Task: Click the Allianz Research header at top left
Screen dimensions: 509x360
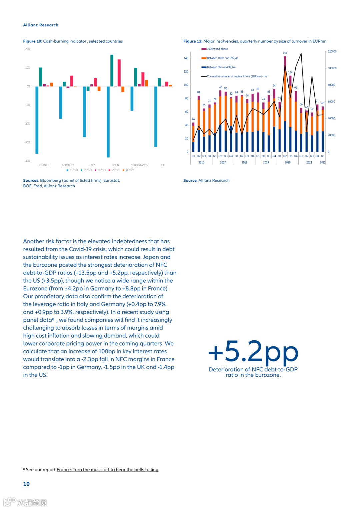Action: coord(41,25)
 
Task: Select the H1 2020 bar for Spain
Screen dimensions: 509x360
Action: coord(108,122)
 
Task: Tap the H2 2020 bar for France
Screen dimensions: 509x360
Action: coord(40,77)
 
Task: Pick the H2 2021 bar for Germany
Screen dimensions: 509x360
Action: coord(71,81)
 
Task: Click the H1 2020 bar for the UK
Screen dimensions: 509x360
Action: coord(156,116)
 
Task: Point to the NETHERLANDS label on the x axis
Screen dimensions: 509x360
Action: coord(139,165)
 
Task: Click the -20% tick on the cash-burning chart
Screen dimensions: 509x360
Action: coord(27,124)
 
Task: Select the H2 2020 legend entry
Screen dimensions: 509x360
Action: coord(86,170)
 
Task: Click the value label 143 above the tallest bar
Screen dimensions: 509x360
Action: coord(285,53)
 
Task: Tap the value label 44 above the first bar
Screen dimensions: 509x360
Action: coord(193,119)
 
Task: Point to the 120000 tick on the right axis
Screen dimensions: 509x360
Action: coord(332,52)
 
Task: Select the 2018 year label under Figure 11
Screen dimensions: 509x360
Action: coord(244,163)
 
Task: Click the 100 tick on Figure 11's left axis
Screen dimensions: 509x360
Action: coord(186,85)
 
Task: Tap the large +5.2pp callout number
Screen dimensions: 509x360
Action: coord(253,352)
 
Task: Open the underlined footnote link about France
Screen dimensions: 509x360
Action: coord(107,470)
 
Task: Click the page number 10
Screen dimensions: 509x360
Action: coord(26,484)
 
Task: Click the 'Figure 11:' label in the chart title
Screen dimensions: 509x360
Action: coord(193,41)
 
